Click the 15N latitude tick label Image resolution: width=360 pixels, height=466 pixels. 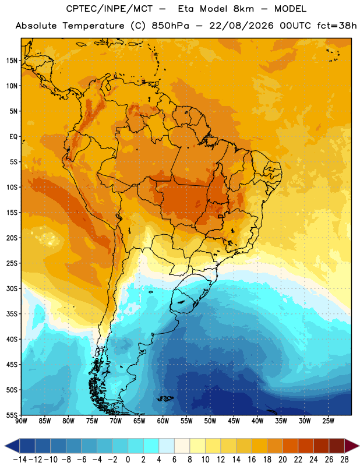point(12,61)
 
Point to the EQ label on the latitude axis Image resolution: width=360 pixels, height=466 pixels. point(13,137)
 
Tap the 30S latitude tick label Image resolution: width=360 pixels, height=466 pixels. point(12,288)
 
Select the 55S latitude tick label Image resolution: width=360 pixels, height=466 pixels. point(12,415)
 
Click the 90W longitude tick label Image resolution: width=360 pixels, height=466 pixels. point(21,421)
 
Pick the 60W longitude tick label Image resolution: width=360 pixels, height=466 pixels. point(163,421)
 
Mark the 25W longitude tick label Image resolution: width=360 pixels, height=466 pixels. point(328,421)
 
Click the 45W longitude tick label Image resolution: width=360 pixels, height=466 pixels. point(234,421)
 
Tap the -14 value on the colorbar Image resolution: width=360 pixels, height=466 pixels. point(20,460)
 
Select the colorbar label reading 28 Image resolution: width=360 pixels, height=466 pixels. point(344,460)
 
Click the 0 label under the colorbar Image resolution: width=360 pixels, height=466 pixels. point(128,460)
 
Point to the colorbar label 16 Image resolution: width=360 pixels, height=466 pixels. point(252,460)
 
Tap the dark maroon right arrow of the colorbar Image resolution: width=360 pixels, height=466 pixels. point(351,446)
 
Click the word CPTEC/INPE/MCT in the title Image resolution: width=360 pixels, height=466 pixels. point(109,9)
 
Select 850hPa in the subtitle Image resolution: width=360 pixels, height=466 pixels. point(170,26)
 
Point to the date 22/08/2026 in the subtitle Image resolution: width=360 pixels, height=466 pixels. point(241,26)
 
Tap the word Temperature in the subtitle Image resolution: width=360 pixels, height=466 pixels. point(93,26)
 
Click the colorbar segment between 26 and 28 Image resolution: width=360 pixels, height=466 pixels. point(337,446)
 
